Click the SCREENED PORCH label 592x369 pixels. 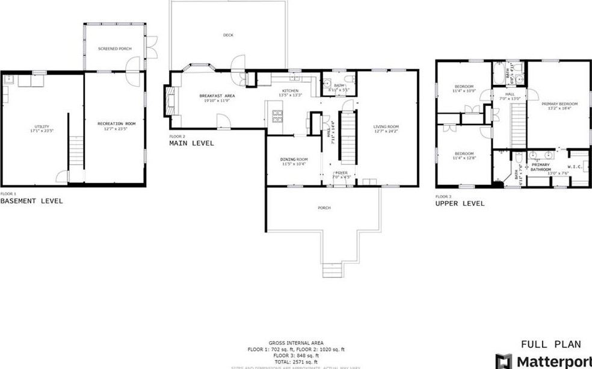tap(114, 48)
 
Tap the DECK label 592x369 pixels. tap(228, 35)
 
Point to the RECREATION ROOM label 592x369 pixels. tap(116, 123)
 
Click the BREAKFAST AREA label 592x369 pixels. tap(217, 95)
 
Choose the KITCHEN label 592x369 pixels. tap(289, 91)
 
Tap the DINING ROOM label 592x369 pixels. tap(293, 160)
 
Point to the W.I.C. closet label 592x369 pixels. tap(574, 167)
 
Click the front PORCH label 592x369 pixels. tap(324, 208)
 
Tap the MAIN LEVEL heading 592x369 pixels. tap(191, 143)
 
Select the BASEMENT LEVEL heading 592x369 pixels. tap(31, 201)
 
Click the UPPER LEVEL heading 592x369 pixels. tap(460, 203)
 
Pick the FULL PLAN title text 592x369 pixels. tap(550, 344)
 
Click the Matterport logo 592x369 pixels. tap(541, 362)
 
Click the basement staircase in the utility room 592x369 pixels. tap(76, 153)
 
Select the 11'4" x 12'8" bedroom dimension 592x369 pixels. tap(464, 158)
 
